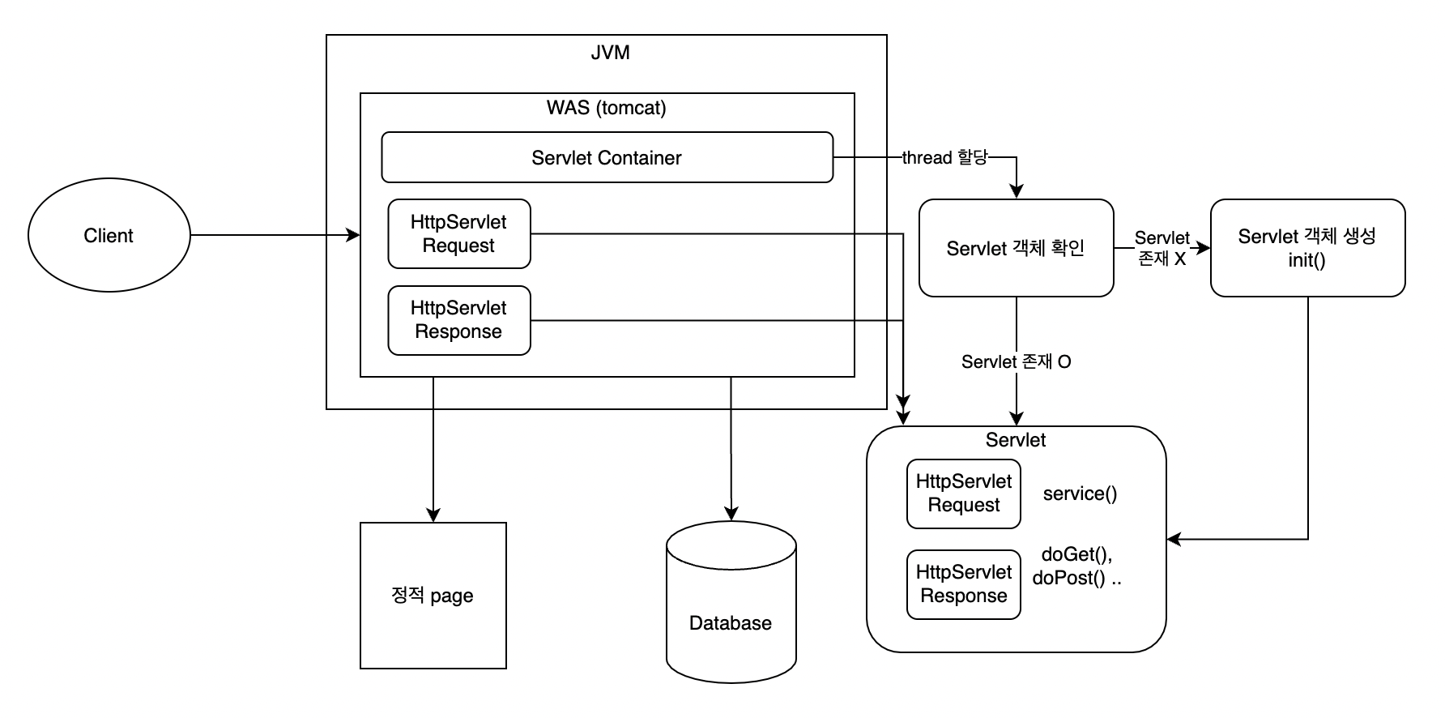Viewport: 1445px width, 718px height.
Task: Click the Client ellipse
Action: pyautogui.click(x=109, y=235)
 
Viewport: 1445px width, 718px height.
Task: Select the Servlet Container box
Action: pyautogui.click(x=607, y=157)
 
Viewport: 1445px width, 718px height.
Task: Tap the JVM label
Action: pyautogui.click(x=610, y=53)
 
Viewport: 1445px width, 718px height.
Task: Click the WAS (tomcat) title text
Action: pyautogui.click(x=607, y=108)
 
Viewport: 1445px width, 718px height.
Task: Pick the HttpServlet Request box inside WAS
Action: pyautogui.click(x=459, y=233)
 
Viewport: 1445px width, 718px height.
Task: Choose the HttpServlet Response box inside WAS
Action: pyautogui.click(x=459, y=320)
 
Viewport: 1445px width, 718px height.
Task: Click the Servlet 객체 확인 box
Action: pyautogui.click(x=1016, y=248)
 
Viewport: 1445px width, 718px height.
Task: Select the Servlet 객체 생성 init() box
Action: pyautogui.click(x=1307, y=248)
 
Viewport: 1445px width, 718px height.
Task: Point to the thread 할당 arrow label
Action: pyautogui.click(x=945, y=157)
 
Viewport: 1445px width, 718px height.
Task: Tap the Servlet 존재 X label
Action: pyautogui.click(x=1162, y=248)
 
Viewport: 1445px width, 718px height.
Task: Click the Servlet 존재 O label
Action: pyautogui.click(x=1017, y=361)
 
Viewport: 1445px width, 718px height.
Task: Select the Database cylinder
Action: pyautogui.click(x=731, y=602)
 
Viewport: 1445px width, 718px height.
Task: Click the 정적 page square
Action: pyautogui.click(x=433, y=596)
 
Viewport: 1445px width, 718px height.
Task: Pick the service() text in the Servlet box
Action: pyautogui.click(x=1080, y=494)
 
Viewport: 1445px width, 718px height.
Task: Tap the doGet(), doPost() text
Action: pyautogui.click(x=1077, y=566)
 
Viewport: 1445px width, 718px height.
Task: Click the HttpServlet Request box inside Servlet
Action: pyautogui.click(x=964, y=494)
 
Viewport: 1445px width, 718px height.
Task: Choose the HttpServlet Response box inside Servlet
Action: pyautogui.click(x=964, y=584)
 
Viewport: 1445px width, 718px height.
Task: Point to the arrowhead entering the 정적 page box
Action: pyautogui.click(x=433, y=515)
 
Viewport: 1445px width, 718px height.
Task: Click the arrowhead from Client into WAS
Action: pyautogui.click(x=353, y=235)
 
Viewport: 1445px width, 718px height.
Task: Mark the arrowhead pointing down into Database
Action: pyautogui.click(x=731, y=514)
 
